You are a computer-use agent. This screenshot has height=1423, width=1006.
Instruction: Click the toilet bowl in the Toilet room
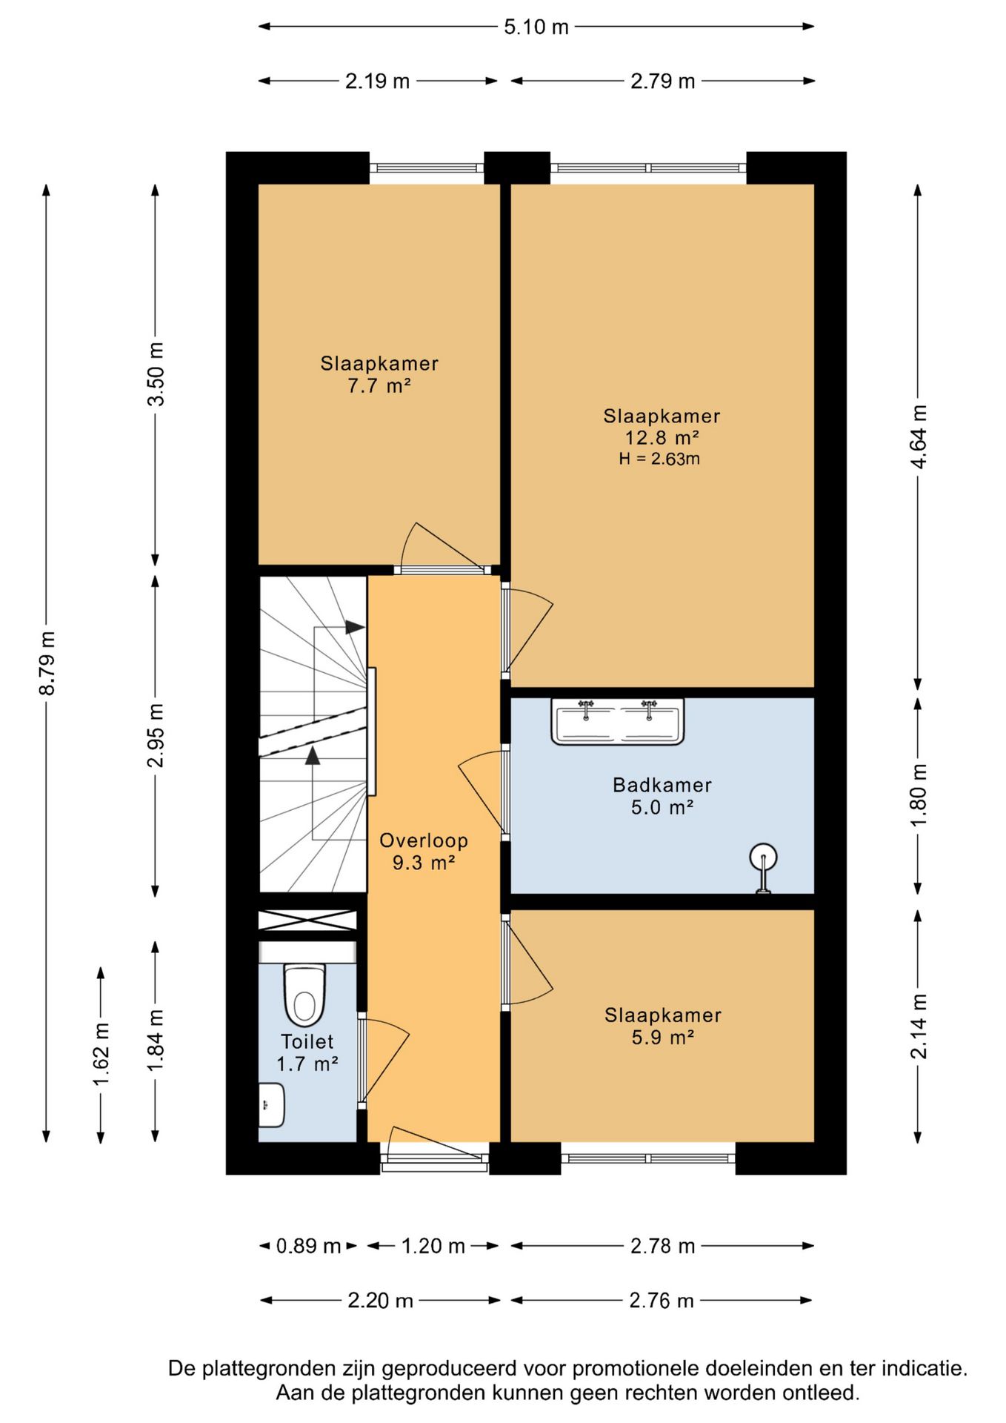click(x=304, y=994)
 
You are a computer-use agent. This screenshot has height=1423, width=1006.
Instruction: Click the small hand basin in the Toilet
click(x=271, y=1105)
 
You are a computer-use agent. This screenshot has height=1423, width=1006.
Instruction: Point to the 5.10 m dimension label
click(x=536, y=27)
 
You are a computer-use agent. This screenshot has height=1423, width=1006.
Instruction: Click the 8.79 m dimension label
click(x=47, y=663)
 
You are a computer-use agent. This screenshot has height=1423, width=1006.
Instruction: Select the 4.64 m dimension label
click(x=919, y=437)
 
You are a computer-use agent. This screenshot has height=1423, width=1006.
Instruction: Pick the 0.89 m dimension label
click(x=308, y=1246)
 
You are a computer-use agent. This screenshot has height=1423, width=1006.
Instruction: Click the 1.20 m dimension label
click(x=433, y=1246)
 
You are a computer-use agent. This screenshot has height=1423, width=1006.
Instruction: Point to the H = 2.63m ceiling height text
click(x=659, y=459)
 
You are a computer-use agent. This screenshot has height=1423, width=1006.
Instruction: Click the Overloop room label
click(x=424, y=840)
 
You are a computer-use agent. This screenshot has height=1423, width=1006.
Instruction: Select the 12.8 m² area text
click(x=662, y=437)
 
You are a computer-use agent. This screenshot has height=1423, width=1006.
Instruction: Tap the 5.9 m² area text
click(x=663, y=1037)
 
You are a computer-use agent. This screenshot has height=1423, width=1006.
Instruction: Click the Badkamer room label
click(x=662, y=785)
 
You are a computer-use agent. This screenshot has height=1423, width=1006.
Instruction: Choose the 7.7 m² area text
click(x=379, y=385)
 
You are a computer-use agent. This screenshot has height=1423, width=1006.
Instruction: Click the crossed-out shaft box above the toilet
click(x=307, y=920)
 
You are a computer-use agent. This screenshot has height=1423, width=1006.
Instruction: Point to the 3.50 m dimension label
click(x=156, y=374)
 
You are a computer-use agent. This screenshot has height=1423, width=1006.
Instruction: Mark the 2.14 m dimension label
click(x=919, y=1026)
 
